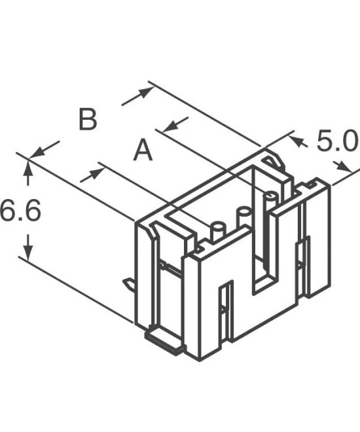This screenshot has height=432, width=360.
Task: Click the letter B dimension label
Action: pyautogui.click(x=88, y=120)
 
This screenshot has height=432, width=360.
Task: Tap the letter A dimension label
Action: pyautogui.click(x=143, y=151)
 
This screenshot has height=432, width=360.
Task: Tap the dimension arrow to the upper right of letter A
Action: pyautogui.click(x=175, y=124)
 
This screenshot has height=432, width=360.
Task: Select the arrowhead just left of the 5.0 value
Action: pyautogui.click(x=297, y=139)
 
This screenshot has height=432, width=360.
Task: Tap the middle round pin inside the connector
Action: pyautogui.click(x=243, y=215)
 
